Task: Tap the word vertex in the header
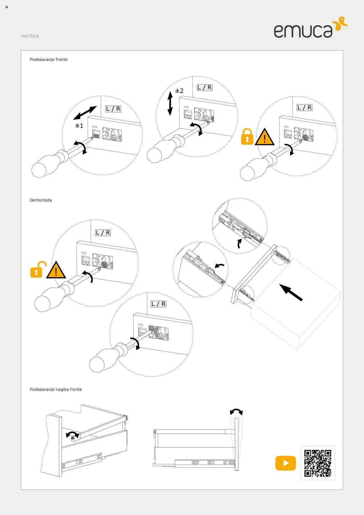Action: (30, 36)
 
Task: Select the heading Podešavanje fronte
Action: (49, 59)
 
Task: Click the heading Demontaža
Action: (41, 200)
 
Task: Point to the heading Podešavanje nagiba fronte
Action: (56, 389)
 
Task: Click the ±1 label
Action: (79, 125)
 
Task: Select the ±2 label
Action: (179, 91)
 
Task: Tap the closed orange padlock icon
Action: (247, 137)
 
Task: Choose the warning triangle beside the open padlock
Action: (56, 270)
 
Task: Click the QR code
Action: (318, 463)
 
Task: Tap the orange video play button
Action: (286, 463)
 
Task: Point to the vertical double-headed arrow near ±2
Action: (170, 103)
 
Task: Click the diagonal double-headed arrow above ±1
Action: (85, 113)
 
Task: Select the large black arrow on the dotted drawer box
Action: (291, 292)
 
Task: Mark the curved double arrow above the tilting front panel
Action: (236, 412)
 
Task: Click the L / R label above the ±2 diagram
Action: (204, 88)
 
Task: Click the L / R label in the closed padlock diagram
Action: (304, 108)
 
